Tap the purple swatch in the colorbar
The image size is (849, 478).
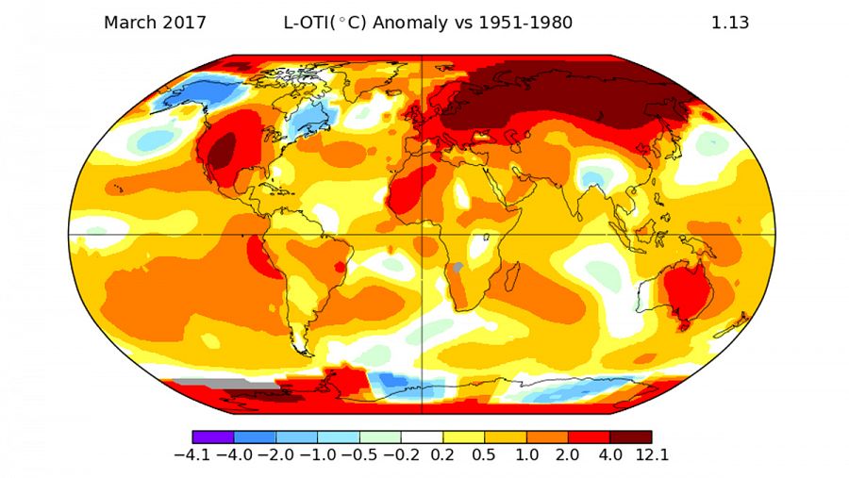(x=213, y=437)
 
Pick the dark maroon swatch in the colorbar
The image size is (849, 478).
(x=630, y=437)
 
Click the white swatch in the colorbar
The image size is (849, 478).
(x=422, y=437)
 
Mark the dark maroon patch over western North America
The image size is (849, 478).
(x=223, y=150)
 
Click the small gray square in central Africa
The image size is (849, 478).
(x=458, y=268)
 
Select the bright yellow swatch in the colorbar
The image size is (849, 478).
(x=463, y=437)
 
